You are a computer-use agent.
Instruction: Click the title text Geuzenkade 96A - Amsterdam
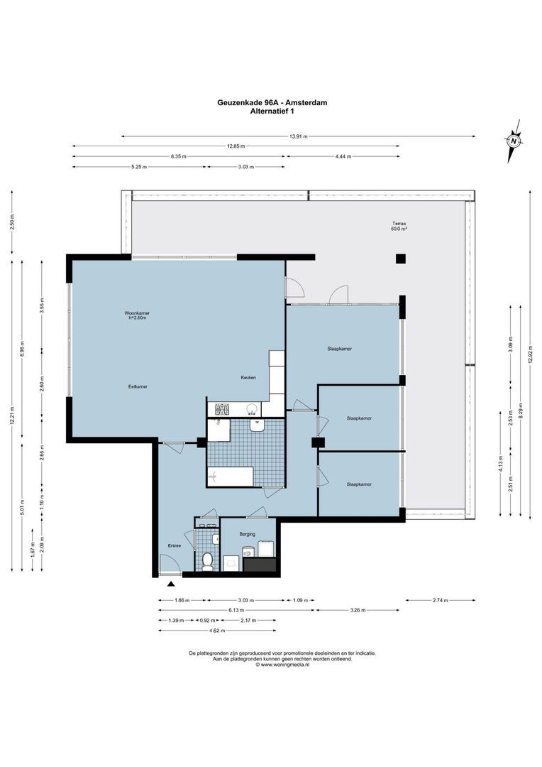click(x=272, y=102)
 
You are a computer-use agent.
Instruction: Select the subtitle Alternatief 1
click(x=272, y=111)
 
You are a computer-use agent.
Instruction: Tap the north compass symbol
click(x=514, y=141)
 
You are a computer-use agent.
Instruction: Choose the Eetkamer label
click(x=138, y=386)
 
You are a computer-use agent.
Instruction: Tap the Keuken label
click(x=248, y=377)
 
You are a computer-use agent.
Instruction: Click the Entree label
click(x=174, y=546)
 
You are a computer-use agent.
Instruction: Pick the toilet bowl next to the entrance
click(x=207, y=562)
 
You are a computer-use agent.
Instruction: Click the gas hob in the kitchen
click(x=222, y=409)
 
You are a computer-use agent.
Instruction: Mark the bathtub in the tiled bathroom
click(x=231, y=477)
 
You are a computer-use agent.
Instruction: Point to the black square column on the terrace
click(x=401, y=259)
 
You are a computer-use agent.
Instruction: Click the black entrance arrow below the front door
click(x=171, y=584)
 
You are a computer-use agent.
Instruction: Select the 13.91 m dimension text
click(x=299, y=136)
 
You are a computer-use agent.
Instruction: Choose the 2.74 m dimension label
click(x=441, y=600)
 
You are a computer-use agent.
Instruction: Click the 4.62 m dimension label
click(x=217, y=630)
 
